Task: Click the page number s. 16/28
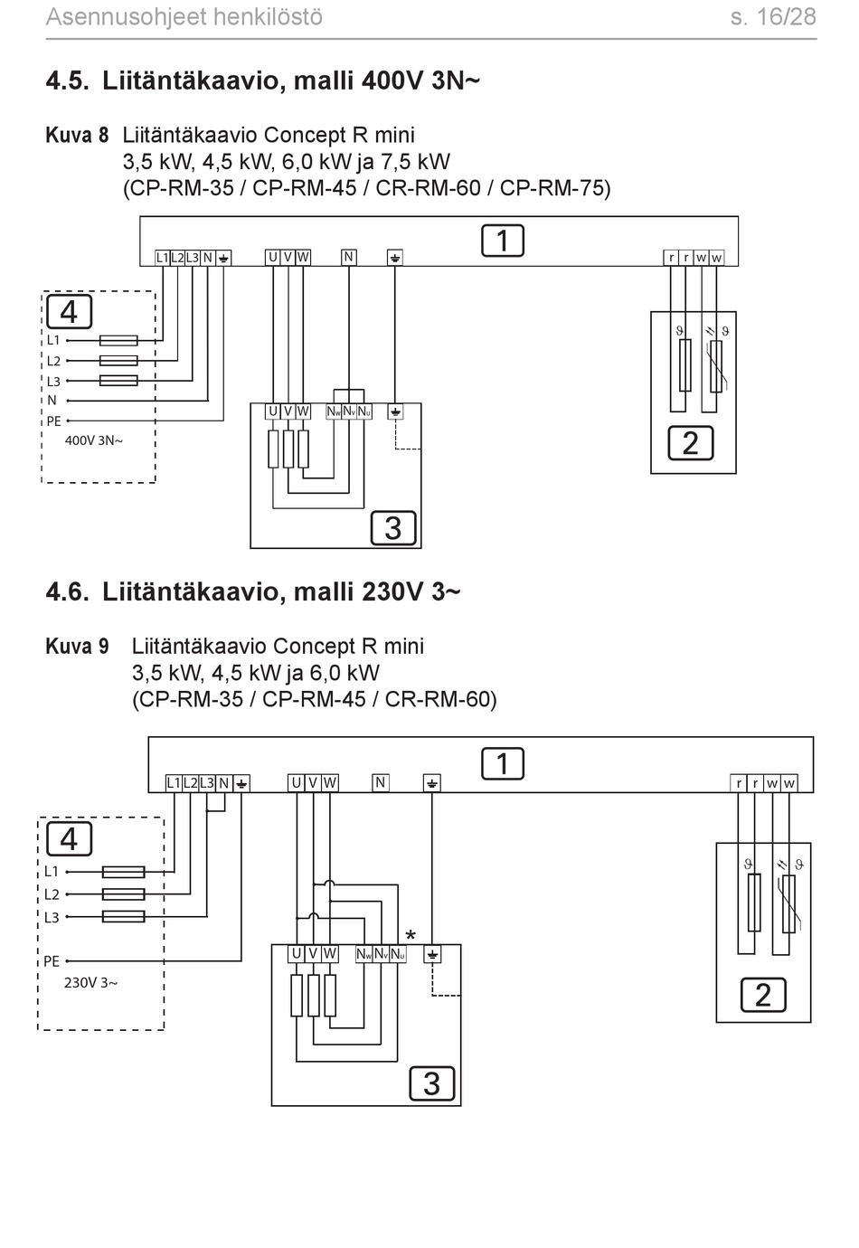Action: [x=773, y=17]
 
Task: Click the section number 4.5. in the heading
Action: [x=68, y=80]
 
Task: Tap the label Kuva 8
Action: [x=78, y=136]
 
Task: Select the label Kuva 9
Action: [x=78, y=647]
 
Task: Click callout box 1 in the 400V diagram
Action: [x=503, y=241]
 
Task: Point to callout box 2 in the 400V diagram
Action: [x=691, y=443]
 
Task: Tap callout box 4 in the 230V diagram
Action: [x=69, y=839]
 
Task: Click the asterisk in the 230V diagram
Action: [x=411, y=935]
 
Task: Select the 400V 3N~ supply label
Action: [x=94, y=440]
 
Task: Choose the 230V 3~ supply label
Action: [x=90, y=983]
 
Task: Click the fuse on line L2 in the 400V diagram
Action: [x=118, y=361]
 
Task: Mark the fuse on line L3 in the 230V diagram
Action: [x=124, y=916]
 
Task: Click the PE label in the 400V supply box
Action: [x=54, y=421]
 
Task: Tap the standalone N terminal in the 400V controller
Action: [x=349, y=258]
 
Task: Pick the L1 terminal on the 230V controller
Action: [x=174, y=783]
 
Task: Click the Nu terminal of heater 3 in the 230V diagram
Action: [x=398, y=954]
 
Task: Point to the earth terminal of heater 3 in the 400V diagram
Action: [x=395, y=411]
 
